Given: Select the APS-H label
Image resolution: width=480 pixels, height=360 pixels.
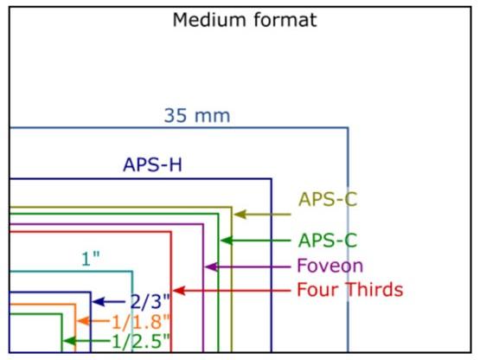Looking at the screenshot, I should pos(150,164).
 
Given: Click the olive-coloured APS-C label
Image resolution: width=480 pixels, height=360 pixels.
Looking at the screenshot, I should pos(328,199).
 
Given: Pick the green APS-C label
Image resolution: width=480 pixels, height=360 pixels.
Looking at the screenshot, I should pos(328,240).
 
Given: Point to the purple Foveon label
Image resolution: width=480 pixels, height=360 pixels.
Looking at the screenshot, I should pos(330,266).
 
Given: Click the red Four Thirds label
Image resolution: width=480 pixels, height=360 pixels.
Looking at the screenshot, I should pos(349,289).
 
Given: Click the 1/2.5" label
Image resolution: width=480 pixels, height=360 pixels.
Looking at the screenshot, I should pos(140,342).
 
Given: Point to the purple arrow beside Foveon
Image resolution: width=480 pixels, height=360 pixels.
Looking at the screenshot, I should pos(247,267).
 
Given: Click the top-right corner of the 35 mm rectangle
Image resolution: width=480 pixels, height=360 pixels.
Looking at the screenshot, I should pos(348,128).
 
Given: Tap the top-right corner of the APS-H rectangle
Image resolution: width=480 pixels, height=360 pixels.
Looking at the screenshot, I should pos(271,178).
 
